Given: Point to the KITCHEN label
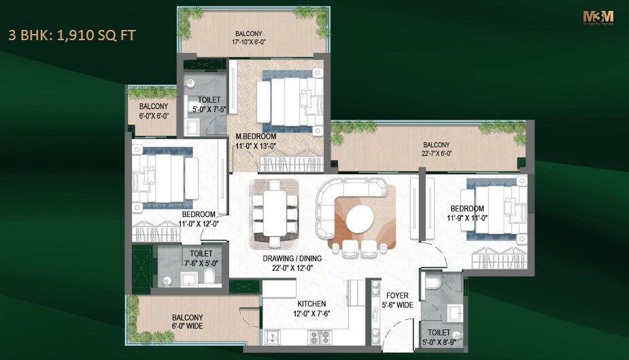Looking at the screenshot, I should [x=311, y=304].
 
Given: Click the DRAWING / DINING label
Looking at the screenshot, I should [x=292, y=259].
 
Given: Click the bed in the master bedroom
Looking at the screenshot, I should [x=289, y=103].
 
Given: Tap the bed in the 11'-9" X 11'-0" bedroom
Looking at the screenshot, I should [x=496, y=209].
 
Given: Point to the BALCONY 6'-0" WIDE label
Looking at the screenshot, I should [x=187, y=322].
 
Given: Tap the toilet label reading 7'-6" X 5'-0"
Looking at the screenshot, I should [x=191, y=258].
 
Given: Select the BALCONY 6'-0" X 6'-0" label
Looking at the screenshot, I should [x=154, y=111].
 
